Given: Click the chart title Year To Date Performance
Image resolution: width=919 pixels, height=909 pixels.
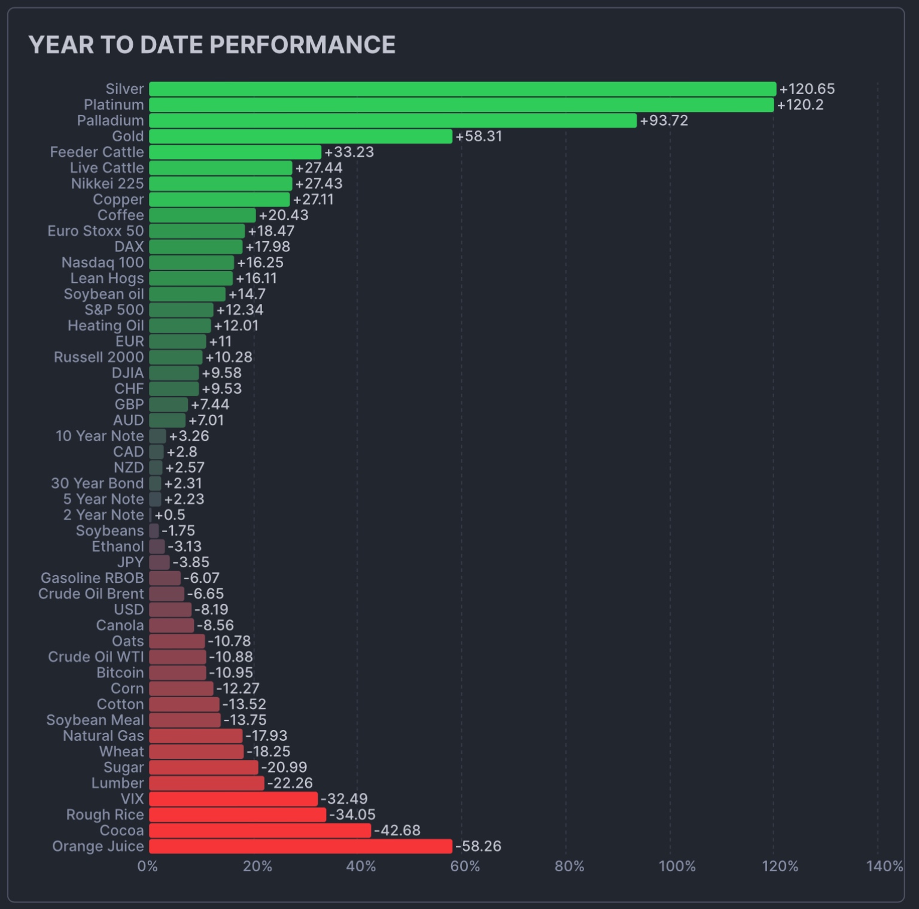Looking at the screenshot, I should [x=212, y=45].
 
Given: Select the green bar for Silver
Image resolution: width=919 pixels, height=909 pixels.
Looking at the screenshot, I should [x=462, y=89].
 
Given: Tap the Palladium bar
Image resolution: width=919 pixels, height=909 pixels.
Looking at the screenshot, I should [x=392, y=121].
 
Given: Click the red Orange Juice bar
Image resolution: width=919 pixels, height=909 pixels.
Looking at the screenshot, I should [x=300, y=846].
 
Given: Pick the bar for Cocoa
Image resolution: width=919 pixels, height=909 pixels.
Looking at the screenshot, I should [x=260, y=831].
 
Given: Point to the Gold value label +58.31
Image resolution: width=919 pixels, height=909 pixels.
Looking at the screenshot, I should [x=479, y=136].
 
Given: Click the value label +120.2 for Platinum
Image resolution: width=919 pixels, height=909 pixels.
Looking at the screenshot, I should [x=800, y=105].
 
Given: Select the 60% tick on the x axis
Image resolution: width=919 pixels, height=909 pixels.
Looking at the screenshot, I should [x=465, y=866].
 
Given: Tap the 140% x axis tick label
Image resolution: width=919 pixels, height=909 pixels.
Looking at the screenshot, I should [x=884, y=866].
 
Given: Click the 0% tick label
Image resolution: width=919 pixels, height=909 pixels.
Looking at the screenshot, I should [x=147, y=866].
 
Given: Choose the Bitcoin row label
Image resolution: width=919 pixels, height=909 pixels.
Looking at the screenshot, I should [x=120, y=673].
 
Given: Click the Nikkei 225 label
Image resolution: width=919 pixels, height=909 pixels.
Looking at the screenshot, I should [x=107, y=184].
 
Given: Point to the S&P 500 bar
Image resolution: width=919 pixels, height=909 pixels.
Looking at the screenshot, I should [x=181, y=310].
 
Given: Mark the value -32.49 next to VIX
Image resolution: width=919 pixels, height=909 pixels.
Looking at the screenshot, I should [x=344, y=799].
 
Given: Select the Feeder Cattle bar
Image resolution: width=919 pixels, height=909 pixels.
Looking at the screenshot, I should [x=235, y=152].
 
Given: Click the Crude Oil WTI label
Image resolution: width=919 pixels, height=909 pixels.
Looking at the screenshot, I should [x=96, y=657].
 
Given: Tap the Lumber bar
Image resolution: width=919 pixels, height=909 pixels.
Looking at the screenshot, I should [x=206, y=783].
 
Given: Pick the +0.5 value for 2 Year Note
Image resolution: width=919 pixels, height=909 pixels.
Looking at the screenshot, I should [x=170, y=515].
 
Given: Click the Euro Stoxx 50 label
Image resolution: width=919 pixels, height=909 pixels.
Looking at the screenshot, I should [x=96, y=231].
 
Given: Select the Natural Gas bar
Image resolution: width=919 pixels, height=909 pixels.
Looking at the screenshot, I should [x=196, y=736].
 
